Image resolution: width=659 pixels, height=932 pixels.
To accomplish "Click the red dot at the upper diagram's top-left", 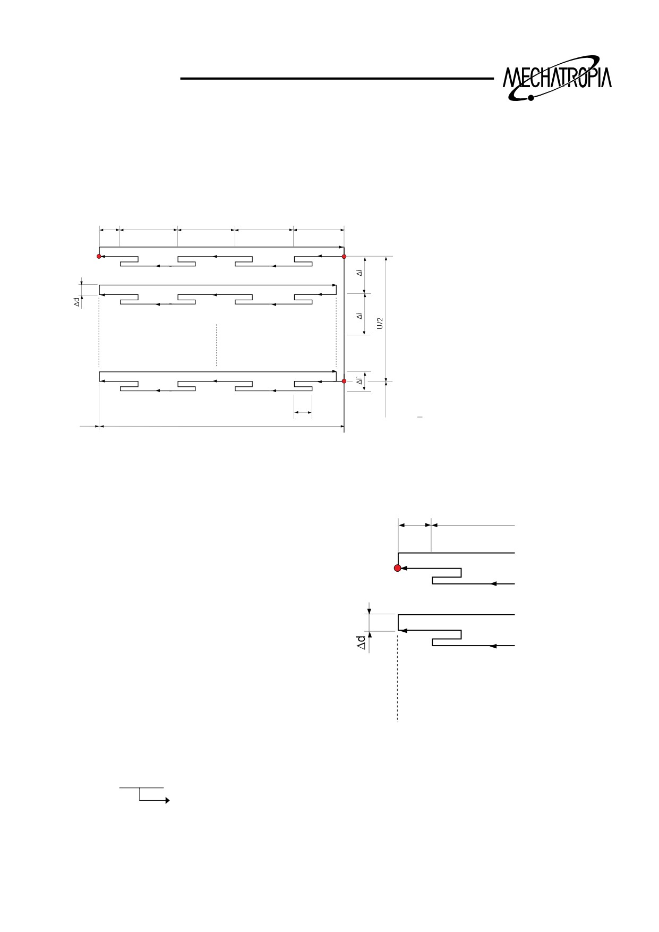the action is [99, 257].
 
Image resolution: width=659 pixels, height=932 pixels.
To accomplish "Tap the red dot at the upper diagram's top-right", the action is [344, 257].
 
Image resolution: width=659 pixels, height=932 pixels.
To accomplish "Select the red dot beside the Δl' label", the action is [344, 381].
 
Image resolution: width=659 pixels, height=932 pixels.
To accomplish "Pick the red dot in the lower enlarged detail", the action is [397, 569].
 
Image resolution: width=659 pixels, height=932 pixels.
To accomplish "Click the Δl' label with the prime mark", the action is [360, 381].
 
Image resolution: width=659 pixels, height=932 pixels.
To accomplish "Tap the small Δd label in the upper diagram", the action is [77, 302].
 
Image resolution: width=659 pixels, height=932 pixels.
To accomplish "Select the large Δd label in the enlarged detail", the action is [361, 642].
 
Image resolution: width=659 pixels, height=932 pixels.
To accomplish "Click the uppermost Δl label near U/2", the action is [360, 273].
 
